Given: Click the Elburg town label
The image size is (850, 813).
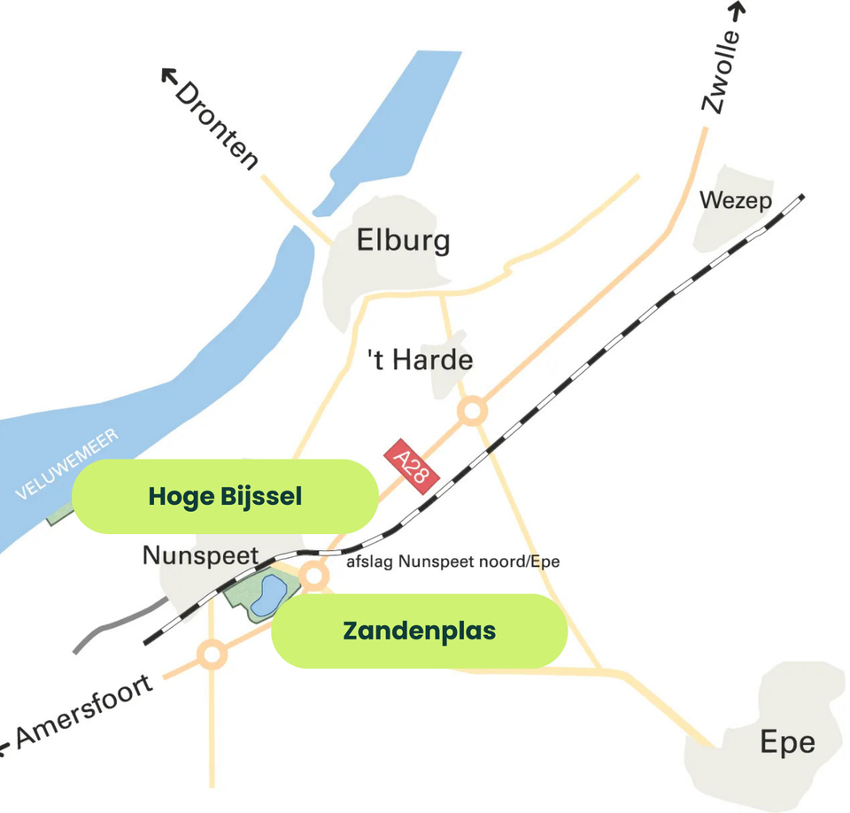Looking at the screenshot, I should [x=403, y=240].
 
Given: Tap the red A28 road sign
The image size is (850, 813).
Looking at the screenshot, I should [x=412, y=461].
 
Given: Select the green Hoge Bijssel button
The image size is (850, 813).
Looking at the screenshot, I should [x=225, y=496].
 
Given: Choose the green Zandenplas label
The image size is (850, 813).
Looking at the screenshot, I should [x=419, y=631].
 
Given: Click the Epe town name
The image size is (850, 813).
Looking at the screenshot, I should [x=787, y=742].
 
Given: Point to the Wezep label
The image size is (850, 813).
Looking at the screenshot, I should [x=735, y=201].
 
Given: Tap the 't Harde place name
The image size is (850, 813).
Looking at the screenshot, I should [x=420, y=360].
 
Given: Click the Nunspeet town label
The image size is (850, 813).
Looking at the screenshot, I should [x=200, y=556].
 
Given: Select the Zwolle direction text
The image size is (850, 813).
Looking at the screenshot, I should [x=720, y=73].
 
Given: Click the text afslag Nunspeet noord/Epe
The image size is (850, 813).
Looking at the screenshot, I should [x=452, y=561].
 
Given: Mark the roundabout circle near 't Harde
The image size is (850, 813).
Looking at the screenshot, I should [x=473, y=411].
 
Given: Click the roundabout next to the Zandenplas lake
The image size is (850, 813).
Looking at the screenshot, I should [x=313, y=575].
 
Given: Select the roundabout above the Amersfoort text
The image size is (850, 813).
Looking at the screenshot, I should [x=212, y=655].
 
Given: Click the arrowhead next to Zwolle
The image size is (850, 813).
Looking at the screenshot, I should [x=738, y=10].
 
